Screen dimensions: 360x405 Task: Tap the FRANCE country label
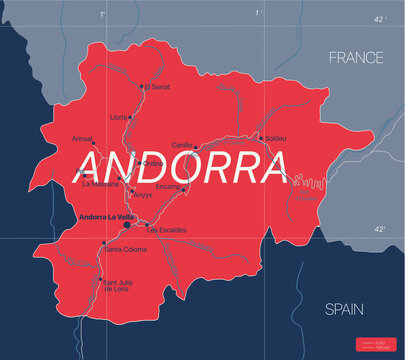(x=356, y=59)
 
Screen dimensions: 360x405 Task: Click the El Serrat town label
(x=158, y=88)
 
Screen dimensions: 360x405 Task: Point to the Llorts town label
(x=119, y=117)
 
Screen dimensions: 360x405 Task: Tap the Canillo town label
(x=182, y=145)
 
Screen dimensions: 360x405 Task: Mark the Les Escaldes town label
(x=166, y=230)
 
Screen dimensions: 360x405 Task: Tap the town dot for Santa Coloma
(x=103, y=242)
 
